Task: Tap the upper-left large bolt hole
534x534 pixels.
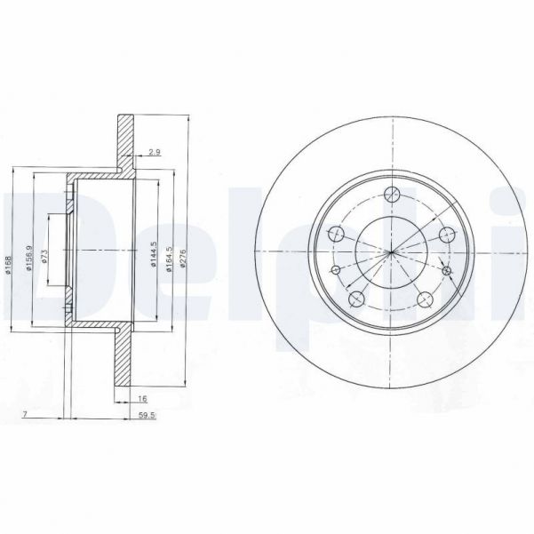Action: coord(336,235)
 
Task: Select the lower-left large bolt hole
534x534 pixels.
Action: coord(355,299)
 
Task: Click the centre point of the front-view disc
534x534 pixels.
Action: coord(390,253)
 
